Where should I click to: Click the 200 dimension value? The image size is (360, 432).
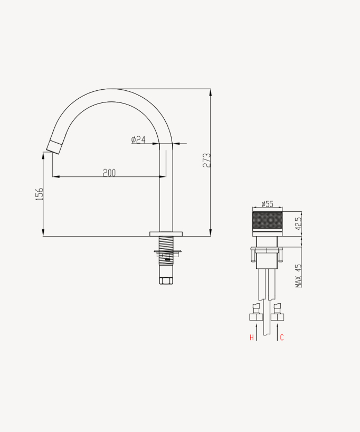109,173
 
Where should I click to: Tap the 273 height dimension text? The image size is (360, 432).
206,161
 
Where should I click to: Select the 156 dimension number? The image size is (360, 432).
39,193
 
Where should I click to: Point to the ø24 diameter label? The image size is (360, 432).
138,139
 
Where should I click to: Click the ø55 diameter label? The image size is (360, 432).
267,204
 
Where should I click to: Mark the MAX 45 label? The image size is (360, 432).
299,276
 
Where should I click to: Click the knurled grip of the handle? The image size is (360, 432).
267,221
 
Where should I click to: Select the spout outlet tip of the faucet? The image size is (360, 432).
53,147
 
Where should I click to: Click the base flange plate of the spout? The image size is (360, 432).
166,233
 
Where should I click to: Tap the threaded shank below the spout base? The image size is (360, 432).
166,243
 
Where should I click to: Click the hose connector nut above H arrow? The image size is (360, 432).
255,317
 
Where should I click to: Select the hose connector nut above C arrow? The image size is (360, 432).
278,317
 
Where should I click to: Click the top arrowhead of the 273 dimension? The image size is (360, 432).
211,92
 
